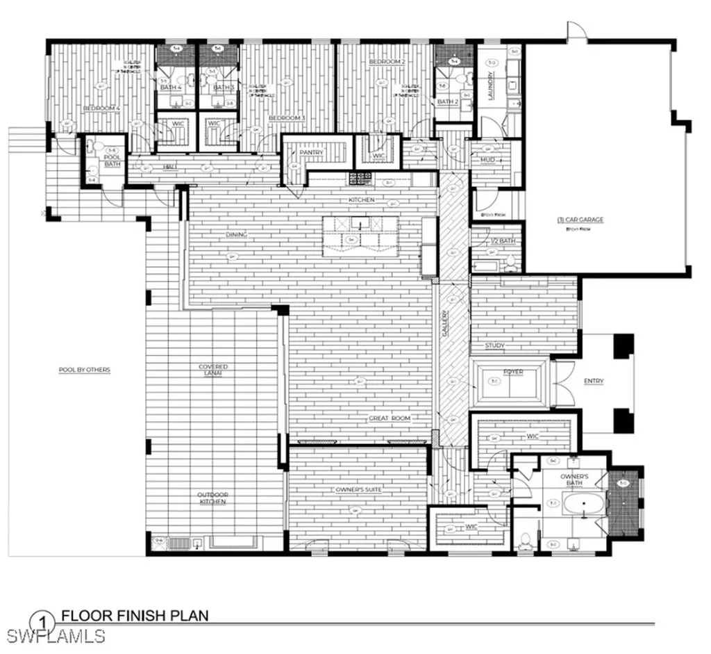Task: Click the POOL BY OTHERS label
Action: (84, 370)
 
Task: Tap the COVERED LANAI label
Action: (213, 370)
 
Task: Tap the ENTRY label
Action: (594, 381)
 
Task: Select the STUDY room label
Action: (494, 345)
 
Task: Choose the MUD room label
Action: (487, 161)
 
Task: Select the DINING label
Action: (236, 235)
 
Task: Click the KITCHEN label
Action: (361, 200)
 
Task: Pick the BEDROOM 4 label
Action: (102, 108)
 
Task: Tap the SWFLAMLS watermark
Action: (54, 635)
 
